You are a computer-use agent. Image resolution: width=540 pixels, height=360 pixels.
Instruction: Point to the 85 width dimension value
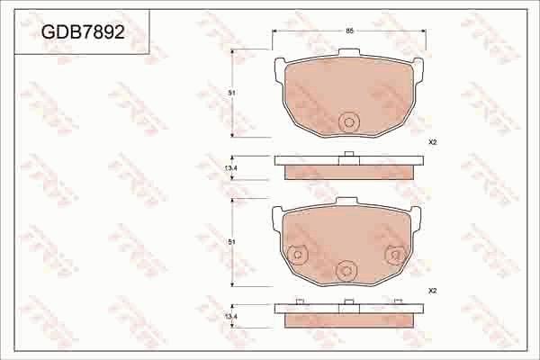point(348,31)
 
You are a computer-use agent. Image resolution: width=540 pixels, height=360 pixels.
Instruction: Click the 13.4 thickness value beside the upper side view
point(230,168)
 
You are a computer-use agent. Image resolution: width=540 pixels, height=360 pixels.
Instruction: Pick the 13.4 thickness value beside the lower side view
point(230,317)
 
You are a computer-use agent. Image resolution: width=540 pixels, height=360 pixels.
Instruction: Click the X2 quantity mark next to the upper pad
point(432,143)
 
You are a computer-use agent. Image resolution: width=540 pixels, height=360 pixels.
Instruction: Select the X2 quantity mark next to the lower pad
point(432,292)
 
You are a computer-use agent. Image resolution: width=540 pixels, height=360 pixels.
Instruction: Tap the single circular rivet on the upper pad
point(348,123)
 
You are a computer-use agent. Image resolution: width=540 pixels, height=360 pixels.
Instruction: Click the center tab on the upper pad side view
point(348,155)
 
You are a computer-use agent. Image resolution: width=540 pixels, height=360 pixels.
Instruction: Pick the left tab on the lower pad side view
point(299,301)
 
